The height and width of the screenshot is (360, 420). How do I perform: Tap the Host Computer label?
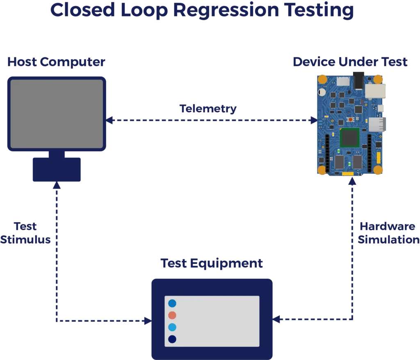point(57,63)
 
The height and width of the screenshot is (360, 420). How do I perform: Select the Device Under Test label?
point(350,63)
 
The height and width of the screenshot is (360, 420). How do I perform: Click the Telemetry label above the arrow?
point(208,109)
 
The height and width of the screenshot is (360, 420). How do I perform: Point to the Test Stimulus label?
point(25,233)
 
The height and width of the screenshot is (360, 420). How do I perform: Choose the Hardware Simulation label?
point(388,233)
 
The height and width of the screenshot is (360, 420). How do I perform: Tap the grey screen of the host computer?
point(57,114)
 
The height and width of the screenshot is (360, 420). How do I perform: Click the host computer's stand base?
point(56,170)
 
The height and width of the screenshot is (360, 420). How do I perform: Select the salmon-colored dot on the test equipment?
point(172,315)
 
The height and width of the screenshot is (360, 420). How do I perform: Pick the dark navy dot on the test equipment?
point(172,339)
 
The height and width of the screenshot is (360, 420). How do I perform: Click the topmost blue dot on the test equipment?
point(172,303)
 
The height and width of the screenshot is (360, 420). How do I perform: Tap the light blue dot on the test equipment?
point(172,327)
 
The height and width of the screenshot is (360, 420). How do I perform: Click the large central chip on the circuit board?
point(350,138)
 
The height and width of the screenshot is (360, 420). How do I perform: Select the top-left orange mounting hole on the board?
point(323,79)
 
